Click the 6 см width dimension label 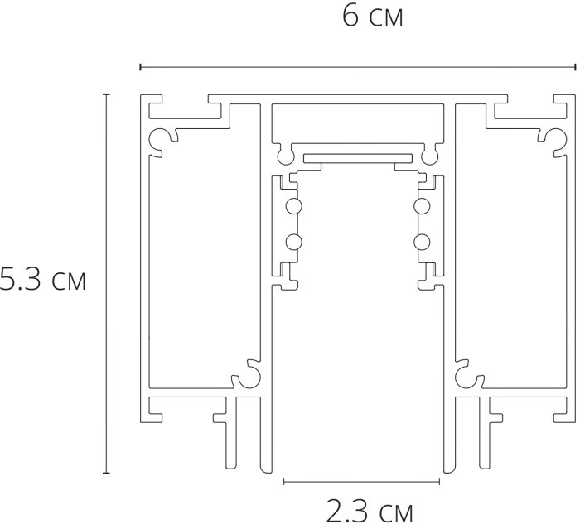pyautogui.click(x=373, y=17)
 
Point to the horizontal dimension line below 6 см pyautogui.click(x=357, y=65)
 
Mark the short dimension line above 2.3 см pyautogui.click(x=361, y=480)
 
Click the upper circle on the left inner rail pyautogui.click(x=292, y=206)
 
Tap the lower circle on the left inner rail pyautogui.click(x=292, y=242)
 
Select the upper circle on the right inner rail pyautogui.click(x=422, y=206)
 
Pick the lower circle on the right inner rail pyautogui.click(x=422, y=242)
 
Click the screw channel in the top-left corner pyautogui.click(x=157, y=138)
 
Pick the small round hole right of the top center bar pyautogui.click(x=428, y=154)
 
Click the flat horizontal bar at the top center pyautogui.click(x=357, y=157)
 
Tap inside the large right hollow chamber pyautogui.click(x=514, y=257)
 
